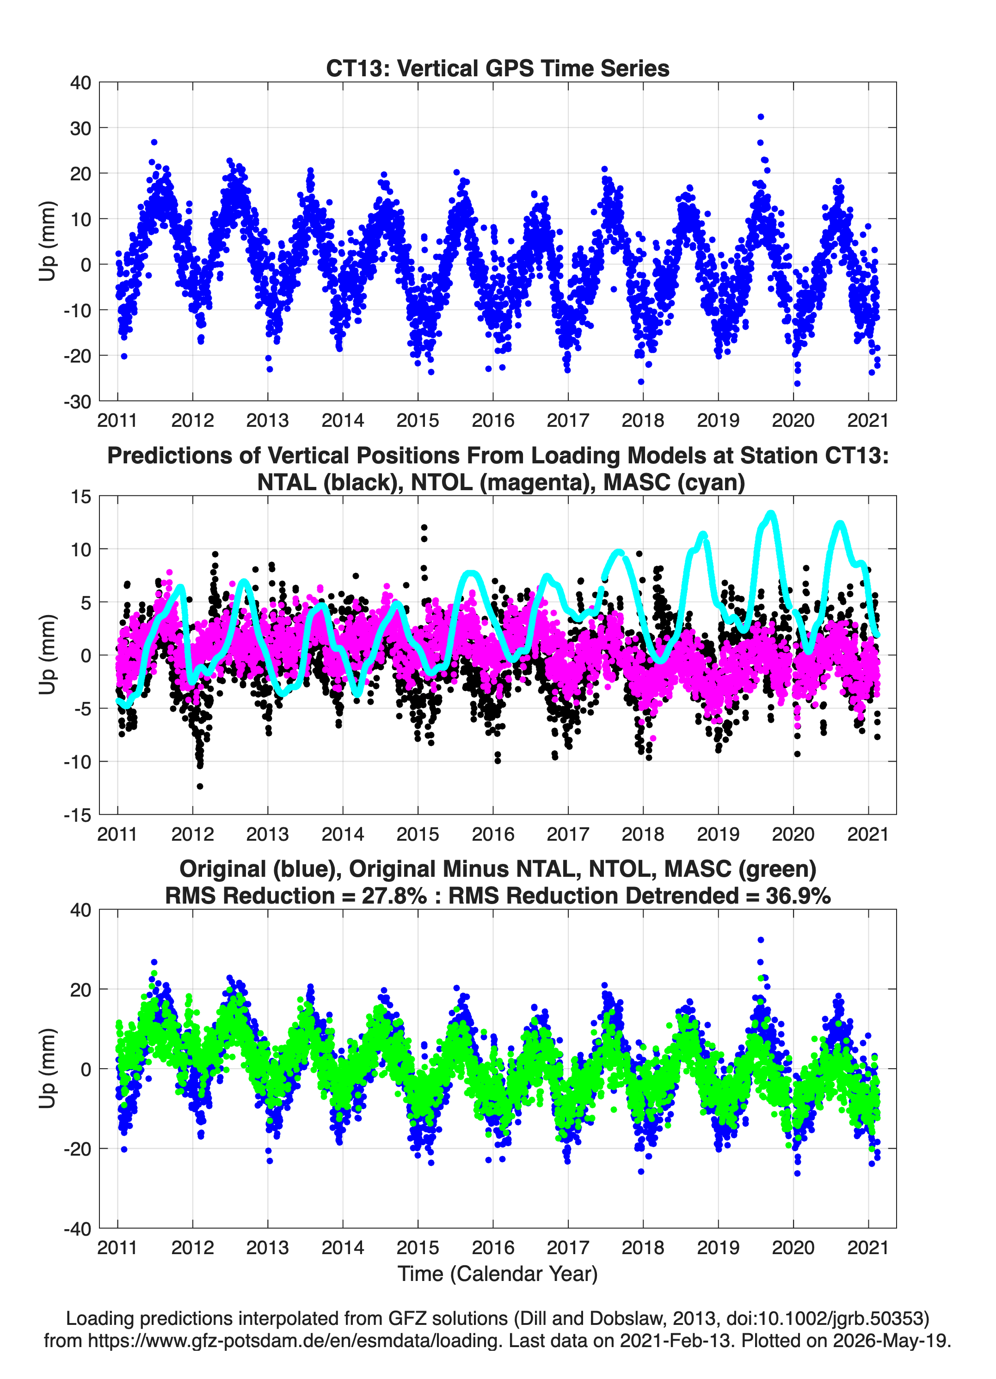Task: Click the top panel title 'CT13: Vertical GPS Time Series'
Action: pyautogui.click(x=498, y=68)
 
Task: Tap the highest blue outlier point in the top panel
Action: pyautogui.click(x=760, y=117)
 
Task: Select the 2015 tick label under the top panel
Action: pyautogui.click(x=418, y=420)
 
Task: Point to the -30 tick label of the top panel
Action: pyautogui.click(x=77, y=401)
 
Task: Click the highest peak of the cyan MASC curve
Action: pyautogui.click(x=771, y=514)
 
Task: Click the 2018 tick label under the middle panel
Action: pyautogui.click(x=643, y=834)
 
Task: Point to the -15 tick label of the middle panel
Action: pyautogui.click(x=77, y=815)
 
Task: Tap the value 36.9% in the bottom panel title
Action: pyautogui.click(x=799, y=896)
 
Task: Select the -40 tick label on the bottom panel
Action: pyautogui.click(x=77, y=1229)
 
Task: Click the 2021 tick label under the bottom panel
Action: pyautogui.click(x=868, y=1248)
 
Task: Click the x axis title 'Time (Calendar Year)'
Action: pyautogui.click(x=498, y=1274)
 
